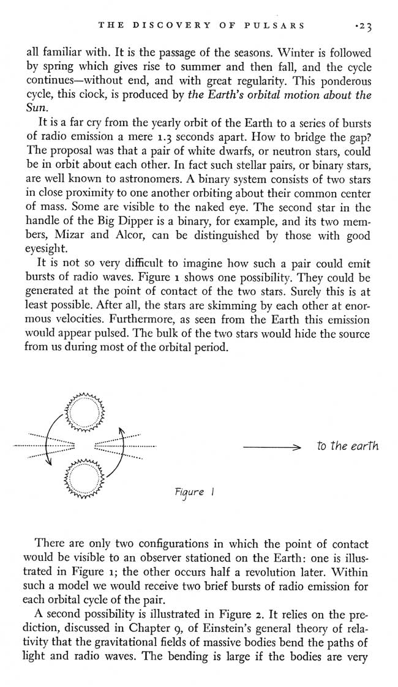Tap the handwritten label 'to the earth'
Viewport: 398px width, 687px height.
(347, 446)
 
